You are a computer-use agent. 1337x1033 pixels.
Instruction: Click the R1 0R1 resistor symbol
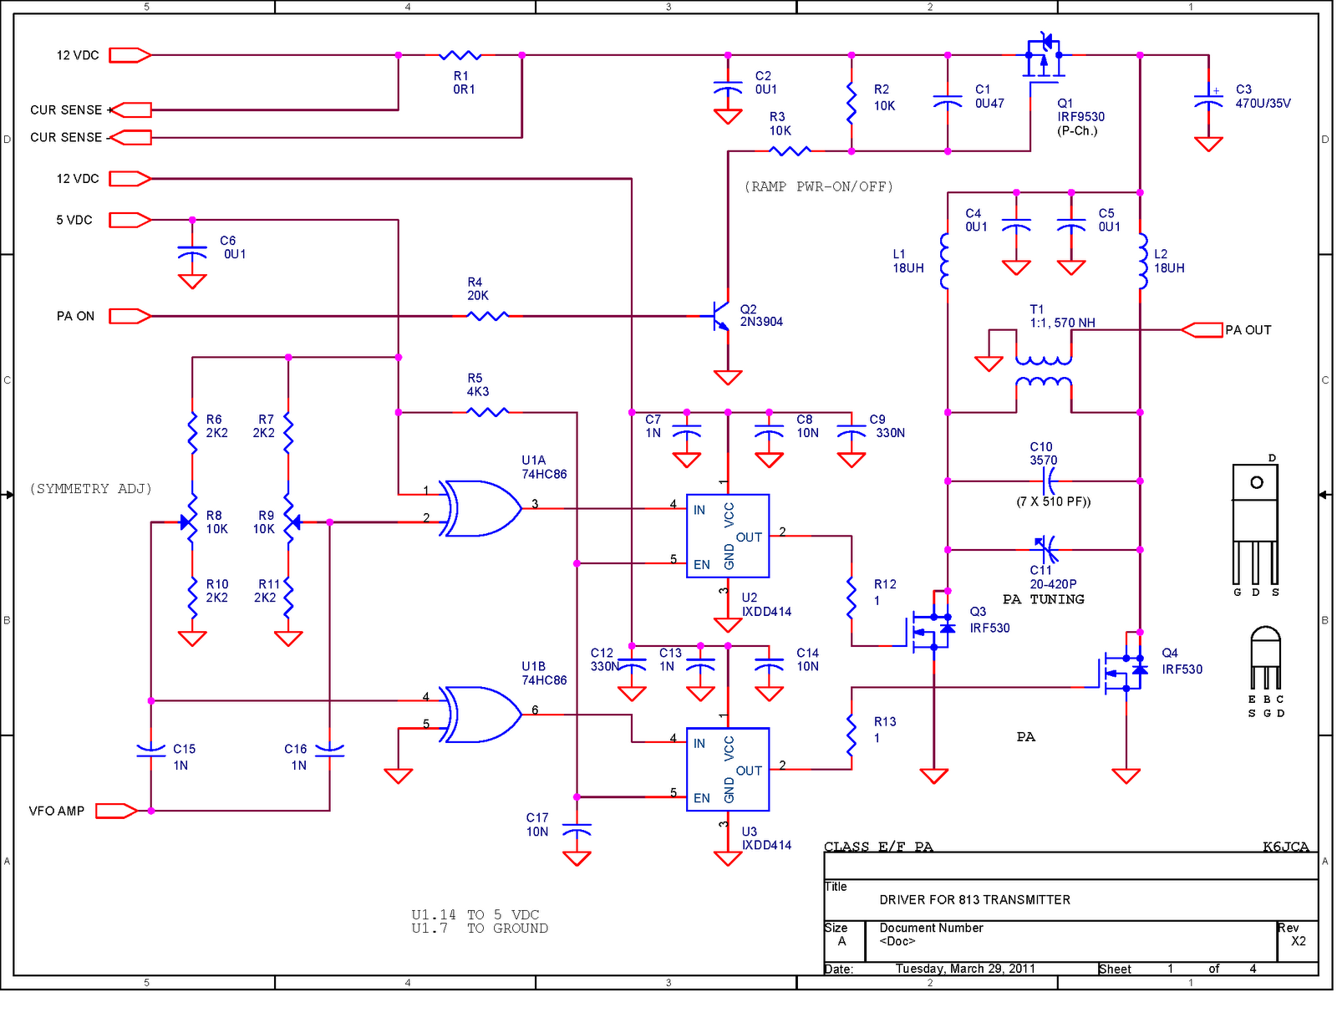[x=460, y=55]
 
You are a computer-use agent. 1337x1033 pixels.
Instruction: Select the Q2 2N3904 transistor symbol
[x=719, y=316]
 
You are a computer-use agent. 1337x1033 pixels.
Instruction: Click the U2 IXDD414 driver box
[x=727, y=536]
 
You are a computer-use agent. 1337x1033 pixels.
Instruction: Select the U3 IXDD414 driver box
[x=727, y=769]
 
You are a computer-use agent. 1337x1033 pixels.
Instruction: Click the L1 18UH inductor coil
[x=945, y=261]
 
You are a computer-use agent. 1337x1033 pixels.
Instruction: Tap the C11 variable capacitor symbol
[x=1045, y=549]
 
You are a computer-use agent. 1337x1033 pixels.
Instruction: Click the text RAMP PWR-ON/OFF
[x=818, y=186]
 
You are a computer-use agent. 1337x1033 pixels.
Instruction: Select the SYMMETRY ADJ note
[x=90, y=489]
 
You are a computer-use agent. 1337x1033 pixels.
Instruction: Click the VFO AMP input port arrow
[x=115, y=811]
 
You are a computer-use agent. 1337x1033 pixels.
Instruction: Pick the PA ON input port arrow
[x=130, y=316]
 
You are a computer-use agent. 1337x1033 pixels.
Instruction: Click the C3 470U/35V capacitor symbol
[x=1208, y=100]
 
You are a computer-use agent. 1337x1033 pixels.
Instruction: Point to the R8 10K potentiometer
[x=191, y=522]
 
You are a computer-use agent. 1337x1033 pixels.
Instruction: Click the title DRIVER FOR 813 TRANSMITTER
[x=974, y=900]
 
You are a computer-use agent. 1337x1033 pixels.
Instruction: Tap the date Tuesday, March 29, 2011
[x=965, y=969]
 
